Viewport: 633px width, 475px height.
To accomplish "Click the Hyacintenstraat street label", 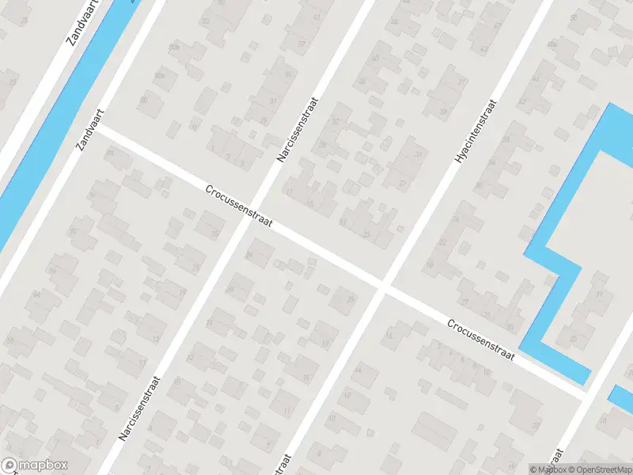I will tap(476, 132).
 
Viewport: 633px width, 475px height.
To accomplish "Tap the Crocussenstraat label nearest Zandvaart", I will tap(238, 207).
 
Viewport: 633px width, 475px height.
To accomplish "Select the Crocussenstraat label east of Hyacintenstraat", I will tap(480, 340).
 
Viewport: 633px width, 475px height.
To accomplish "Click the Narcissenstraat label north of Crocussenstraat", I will tap(297, 131).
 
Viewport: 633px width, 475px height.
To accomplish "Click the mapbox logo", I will tap(35, 465).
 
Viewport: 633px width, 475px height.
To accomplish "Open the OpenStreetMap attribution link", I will tap(597, 469).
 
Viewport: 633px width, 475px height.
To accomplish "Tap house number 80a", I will tap(161, 75).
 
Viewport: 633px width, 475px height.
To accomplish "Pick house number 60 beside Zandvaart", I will tap(143, 101).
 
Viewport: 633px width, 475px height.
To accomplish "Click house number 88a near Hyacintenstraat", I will tap(552, 44).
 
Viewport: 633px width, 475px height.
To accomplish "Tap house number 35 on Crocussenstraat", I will tap(510, 327).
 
